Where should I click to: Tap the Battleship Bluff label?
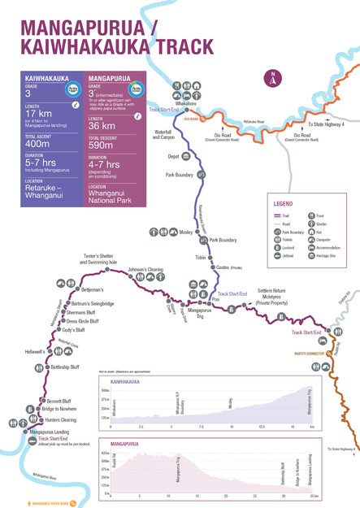(x=65, y=367)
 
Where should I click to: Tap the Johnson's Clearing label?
(x=145, y=269)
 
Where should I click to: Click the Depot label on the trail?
(x=173, y=156)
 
